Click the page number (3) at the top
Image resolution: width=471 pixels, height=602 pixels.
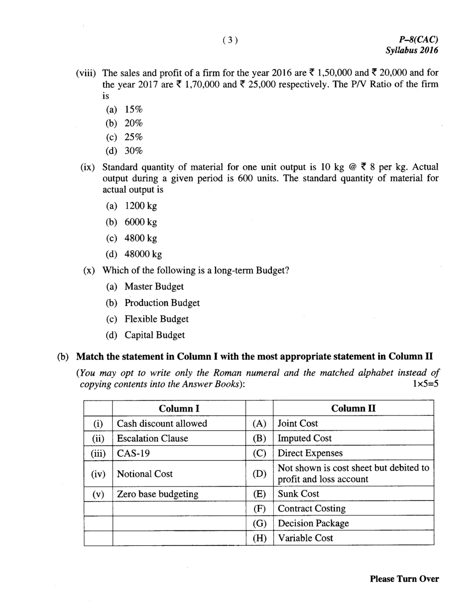click(230, 41)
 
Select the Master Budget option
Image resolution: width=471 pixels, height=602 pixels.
click(154, 287)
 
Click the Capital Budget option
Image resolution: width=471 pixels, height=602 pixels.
click(154, 335)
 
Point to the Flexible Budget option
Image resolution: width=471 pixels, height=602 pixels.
click(156, 319)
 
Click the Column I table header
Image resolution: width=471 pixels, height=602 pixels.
click(179, 408)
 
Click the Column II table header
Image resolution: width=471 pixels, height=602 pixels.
click(353, 408)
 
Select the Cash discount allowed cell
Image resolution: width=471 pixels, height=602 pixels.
click(162, 423)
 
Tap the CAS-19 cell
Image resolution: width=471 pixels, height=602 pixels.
click(132, 453)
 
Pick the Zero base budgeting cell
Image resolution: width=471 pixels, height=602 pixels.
click(157, 494)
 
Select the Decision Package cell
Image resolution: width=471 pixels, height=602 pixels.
click(313, 523)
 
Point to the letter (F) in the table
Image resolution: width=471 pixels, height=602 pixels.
click(259, 508)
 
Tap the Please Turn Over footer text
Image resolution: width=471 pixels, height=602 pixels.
click(404, 579)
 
